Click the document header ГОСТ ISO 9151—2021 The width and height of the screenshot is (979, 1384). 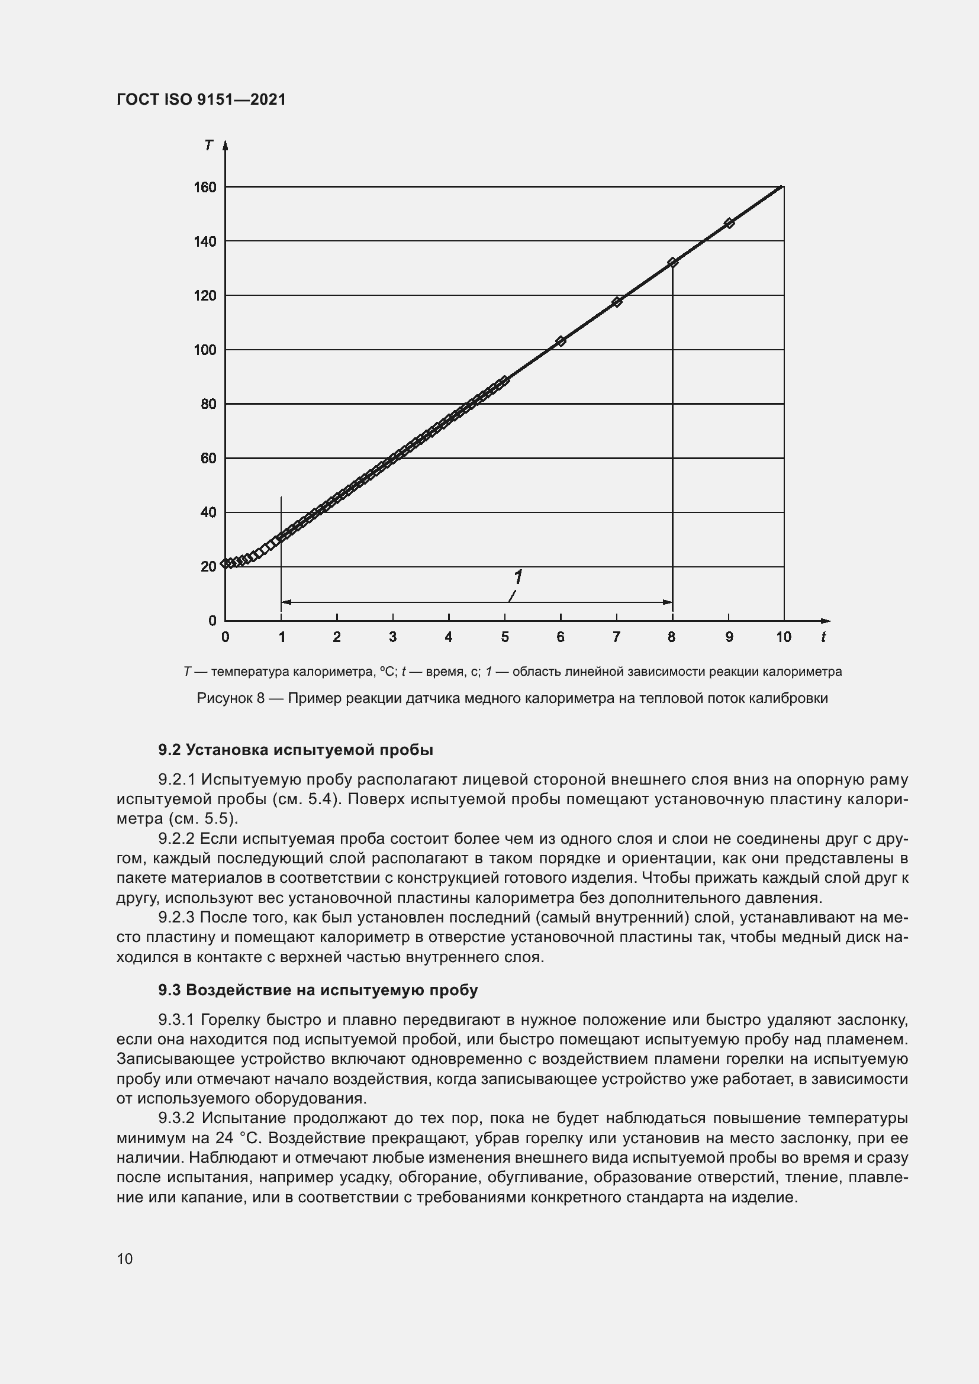click(x=201, y=99)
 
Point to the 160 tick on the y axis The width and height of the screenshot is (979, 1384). click(x=205, y=188)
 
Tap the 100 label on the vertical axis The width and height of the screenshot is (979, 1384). click(x=205, y=350)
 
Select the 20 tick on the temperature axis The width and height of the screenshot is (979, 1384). click(x=208, y=567)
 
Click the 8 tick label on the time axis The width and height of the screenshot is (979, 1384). click(x=672, y=637)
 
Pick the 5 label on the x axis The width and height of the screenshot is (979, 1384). click(x=504, y=637)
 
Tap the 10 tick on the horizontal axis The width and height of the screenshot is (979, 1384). click(x=783, y=637)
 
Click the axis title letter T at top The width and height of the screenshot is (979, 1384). click(x=208, y=146)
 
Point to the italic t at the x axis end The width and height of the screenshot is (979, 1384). click(x=823, y=637)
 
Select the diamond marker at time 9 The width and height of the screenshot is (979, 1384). click(x=729, y=223)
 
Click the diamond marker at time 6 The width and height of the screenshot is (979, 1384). click(x=561, y=341)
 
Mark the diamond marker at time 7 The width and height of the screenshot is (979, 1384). click(x=617, y=302)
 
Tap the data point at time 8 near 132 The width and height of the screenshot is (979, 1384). click(x=673, y=263)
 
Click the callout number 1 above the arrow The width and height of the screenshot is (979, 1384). click(x=517, y=578)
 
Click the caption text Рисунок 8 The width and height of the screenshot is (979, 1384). click(x=231, y=699)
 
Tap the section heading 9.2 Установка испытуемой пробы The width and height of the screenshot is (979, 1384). click(x=295, y=750)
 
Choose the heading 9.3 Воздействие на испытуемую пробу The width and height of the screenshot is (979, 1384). click(x=318, y=990)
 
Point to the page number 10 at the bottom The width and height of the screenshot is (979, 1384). click(x=125, y=1259)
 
